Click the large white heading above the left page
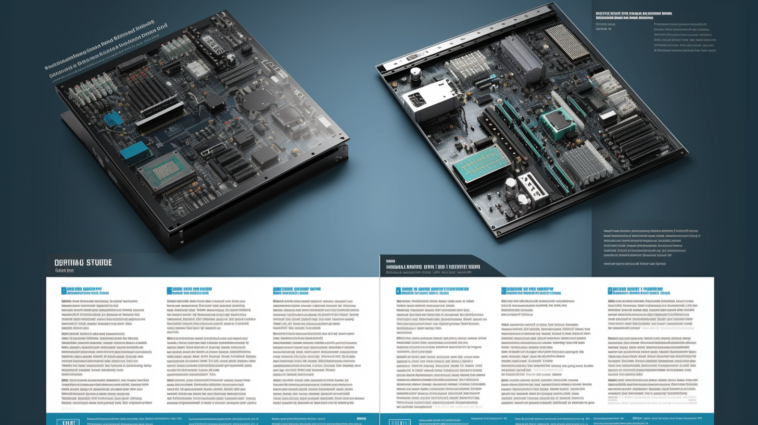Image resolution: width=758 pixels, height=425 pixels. click(83, 262)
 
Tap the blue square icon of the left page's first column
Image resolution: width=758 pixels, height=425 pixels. click(64, 291)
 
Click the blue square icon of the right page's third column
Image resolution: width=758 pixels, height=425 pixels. click(610, 291)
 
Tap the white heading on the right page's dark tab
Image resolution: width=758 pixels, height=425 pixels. click(432, 266)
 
